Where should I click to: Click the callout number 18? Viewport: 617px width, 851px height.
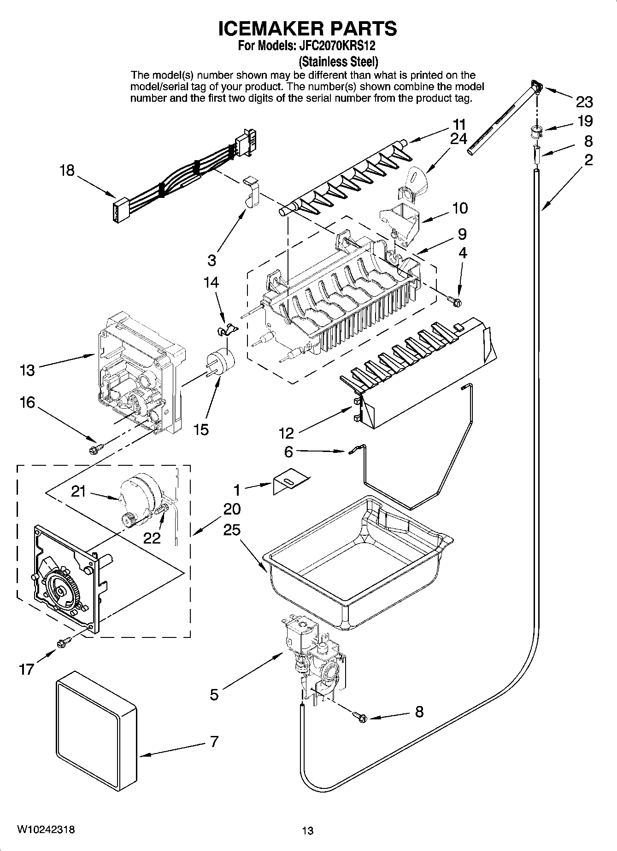coord(67,171)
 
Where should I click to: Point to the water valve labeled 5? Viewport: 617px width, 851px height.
coord(313,654)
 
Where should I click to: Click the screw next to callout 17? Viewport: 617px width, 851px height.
coord(64,641)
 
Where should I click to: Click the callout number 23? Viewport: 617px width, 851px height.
coord(584,102)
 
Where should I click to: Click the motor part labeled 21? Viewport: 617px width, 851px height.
coord(138,497)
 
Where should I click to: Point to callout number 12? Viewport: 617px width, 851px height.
coord(286,433)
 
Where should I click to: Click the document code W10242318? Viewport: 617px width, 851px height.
coord(46,829)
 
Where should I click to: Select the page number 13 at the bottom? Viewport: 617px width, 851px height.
coord(307,831)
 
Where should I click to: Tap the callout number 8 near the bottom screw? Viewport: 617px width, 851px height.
coord(419,712)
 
